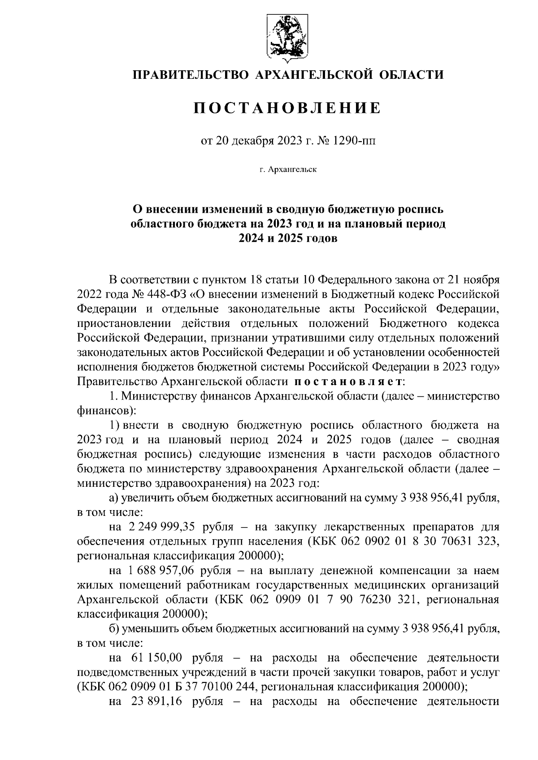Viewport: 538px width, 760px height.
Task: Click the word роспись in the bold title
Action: [x=420, y=209]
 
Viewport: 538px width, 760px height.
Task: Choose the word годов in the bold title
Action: [x=319, y=239]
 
